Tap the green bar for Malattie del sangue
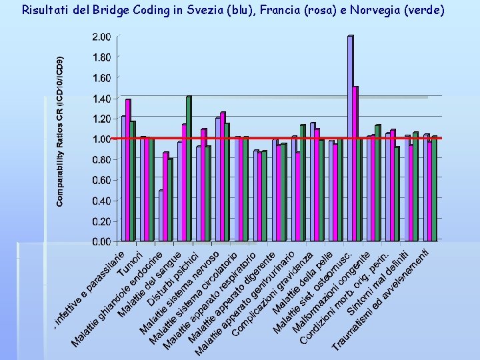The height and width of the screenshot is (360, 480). (170, 199)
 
